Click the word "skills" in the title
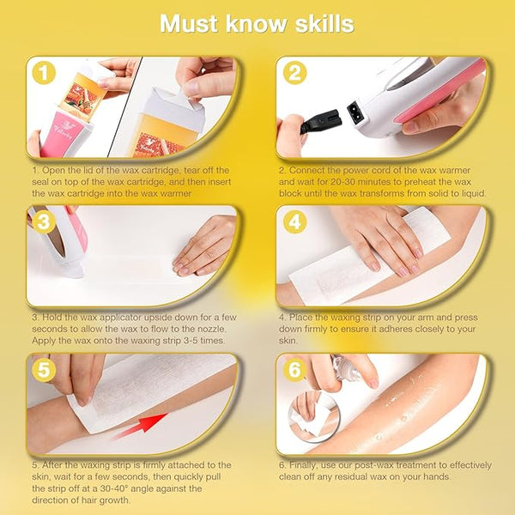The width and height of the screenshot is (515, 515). (324, 24)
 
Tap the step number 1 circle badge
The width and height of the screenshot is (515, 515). (44, 73)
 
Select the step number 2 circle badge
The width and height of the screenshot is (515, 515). (294, 73)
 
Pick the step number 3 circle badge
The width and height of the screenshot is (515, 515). (44, 222)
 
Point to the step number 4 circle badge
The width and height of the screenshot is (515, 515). (294, 222)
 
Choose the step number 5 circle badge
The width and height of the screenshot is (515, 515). (44, 370)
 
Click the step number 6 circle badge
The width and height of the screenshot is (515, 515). (294, 370)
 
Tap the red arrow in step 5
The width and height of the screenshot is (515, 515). (140, 426)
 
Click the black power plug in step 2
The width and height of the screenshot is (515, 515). (320, 122)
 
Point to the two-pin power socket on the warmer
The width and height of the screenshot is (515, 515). (355, 112)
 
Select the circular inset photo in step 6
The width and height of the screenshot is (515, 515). (314, 416)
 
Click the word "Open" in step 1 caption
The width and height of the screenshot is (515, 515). (51, 171)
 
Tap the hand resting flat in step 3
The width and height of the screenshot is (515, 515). (204, 245)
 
